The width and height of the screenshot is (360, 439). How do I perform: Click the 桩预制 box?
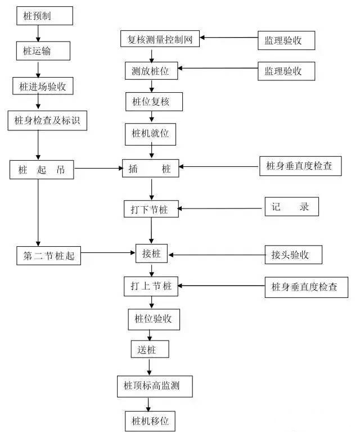pyautogui.click(x=44, y=16)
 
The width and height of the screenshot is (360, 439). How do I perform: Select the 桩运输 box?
pyautogui.click(x=43, y=51)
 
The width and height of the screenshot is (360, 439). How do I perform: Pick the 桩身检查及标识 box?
pyautogui.click(x=47, y=120)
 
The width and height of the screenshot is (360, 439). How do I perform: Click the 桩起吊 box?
pyautogui.click(x=42, y=170)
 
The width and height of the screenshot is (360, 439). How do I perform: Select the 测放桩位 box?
pyautogui.click(x=151, y=71)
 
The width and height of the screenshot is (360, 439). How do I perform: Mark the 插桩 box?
pyautogui.click(x=150, y=168)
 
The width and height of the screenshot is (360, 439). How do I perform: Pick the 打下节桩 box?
pyautogui.click(x=151, y=209)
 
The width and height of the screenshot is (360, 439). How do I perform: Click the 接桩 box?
pyautogui.click(x=152, y=254)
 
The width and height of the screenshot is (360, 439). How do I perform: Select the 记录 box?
pyautogui.click(x=291, y=206)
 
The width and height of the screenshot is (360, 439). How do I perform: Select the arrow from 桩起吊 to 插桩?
pyautogui.click(x=98, y=168)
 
